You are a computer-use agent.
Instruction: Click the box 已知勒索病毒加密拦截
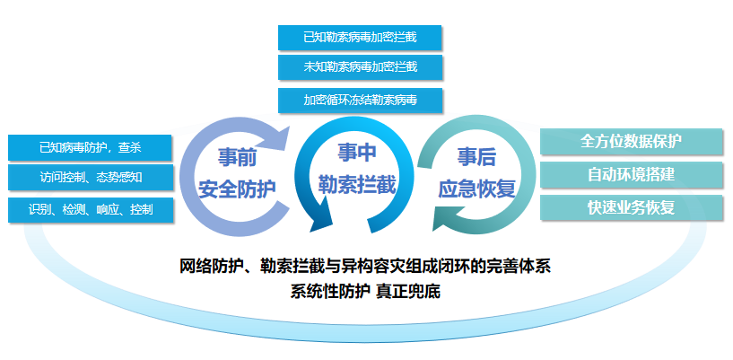pos(360,38)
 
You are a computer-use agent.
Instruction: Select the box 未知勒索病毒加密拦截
pos(360,67)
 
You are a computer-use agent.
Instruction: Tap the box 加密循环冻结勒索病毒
pos(360,100)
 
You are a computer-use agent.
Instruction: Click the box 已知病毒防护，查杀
pos(91,148)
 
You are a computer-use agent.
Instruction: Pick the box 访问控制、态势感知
pos(91,177)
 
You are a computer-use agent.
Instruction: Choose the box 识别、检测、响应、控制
pos(91,209)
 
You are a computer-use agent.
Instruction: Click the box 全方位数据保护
pos(631,141)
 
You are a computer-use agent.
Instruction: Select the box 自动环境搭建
pos(631,174)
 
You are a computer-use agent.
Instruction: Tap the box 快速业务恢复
pos(631,207)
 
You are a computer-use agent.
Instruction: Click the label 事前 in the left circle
pos(238,158)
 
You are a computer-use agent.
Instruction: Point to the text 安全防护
pos(238,189)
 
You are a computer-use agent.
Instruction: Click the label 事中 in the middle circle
pos(357,153)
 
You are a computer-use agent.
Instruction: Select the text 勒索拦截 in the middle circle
pos(357,185)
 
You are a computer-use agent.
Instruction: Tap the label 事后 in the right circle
pos(476,158)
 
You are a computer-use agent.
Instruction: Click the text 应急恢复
pos(476,189)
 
